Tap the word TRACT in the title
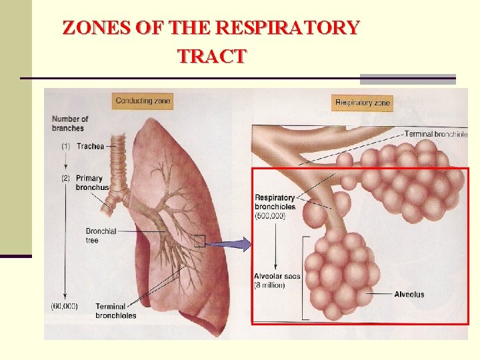tap(211, 56)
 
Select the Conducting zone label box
tap(143, 101)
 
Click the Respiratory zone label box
tap(362, 103)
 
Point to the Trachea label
tap(91, 146)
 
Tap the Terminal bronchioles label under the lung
tap(115, 311)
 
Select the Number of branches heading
tap(70, 123)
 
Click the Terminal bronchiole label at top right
tap(436, 134)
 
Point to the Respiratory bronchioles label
tap(275, 202)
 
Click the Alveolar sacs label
tap(277, 276)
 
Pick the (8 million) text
tap(269, 285)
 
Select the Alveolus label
tap(409, 294)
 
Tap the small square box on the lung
tap(199, 241)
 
